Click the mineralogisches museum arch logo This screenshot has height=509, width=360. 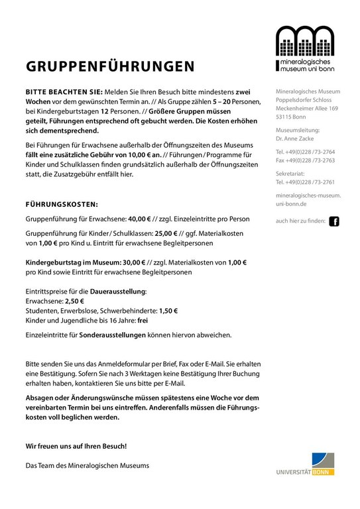tap(304, 48)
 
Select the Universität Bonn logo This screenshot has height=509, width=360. tap(306, 464)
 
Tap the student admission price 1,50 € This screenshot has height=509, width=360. tap(168, 310)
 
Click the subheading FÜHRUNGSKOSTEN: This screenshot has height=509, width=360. tap(62, 204)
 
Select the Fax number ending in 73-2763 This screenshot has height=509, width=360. tap(306, 160)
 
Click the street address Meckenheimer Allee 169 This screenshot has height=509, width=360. tap(307, 108)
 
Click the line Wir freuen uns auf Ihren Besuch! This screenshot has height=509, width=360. tap(76, 446)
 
